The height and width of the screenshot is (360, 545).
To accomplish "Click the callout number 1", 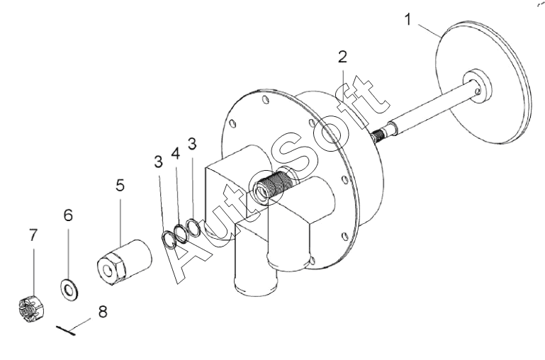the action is tap(408, 19).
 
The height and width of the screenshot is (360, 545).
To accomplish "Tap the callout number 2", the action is tap(343, 57).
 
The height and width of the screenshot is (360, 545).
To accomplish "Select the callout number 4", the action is tap(176, 153).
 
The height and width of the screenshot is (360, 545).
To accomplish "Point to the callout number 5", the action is tap(120, 185).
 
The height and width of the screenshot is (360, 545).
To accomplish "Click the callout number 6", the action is tap(68, 215).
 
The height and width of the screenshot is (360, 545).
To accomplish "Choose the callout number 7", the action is tap(33, 235).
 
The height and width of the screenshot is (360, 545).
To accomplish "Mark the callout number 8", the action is tap(103, 312).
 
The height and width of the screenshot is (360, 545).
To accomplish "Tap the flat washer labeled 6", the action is tap(69, 289).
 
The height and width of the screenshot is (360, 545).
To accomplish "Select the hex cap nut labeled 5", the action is tap(124, 262).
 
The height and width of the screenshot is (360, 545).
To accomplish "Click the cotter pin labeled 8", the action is tap(66, 330).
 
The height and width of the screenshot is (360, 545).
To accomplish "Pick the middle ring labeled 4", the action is tap(181, 233).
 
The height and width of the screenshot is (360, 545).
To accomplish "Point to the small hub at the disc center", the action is tap(478, 86).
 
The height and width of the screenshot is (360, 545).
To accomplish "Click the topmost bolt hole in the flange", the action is tap(266, 99).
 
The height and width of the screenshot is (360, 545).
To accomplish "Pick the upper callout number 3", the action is tap(192, 143).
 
